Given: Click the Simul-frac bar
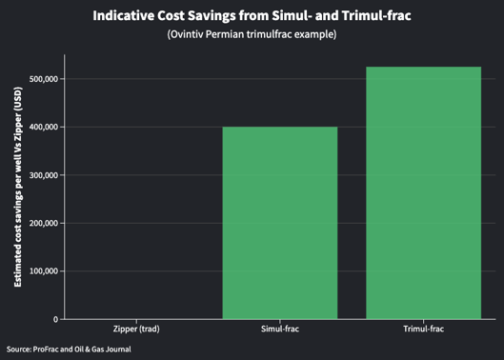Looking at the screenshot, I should tap(280, 223).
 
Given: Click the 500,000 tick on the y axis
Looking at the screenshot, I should tap(40, 79).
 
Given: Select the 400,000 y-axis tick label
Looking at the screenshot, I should tap(40, 127).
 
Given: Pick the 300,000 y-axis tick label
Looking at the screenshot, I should tap(40, 175).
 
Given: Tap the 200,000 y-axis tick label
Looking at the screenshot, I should tap(40, 223).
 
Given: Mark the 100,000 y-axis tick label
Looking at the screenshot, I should tap(40, 271).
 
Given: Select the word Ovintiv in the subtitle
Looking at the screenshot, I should tap(186, 36).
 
